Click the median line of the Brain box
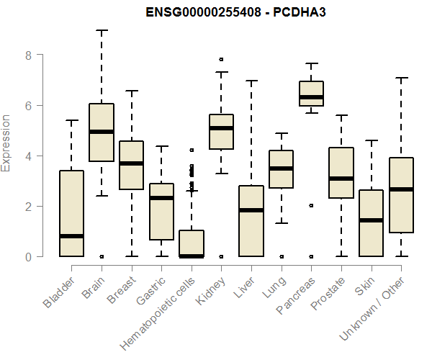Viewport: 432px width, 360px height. (102, 132)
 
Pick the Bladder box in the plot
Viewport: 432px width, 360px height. (71, 213)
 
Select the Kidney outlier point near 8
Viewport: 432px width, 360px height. (221, 59)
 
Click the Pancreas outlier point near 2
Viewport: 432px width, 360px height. (311, 205)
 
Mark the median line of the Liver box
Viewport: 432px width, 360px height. (251, 210)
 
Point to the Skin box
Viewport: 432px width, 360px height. (372, 223)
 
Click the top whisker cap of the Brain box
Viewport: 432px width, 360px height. (102, 30)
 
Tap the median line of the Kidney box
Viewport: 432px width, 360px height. (221, 128)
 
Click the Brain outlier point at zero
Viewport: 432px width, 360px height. (102, 256)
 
